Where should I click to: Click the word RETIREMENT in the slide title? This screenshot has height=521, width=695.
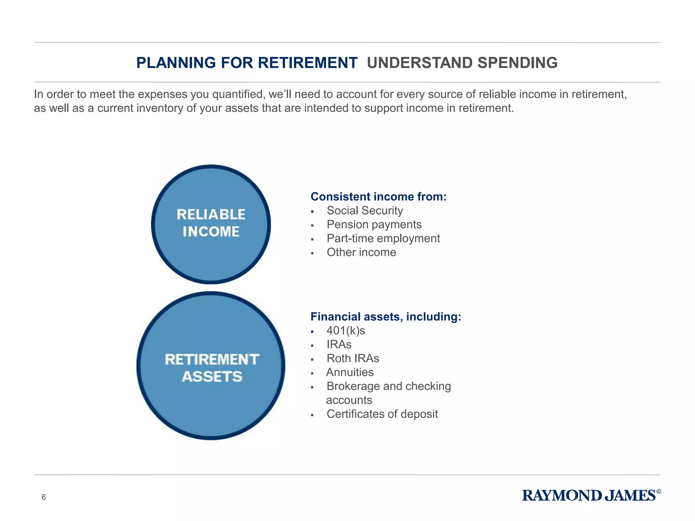pos(307,63)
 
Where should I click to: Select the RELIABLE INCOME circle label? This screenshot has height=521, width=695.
pos(211,223)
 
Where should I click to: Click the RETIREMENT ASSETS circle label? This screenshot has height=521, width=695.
pos(212,368)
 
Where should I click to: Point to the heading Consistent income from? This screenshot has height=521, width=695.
pos(378,197)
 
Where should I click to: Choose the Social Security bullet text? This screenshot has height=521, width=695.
pos(364,211)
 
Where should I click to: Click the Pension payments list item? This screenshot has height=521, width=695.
pos(374,225)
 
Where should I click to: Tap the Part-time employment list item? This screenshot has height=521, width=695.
pos(383,238)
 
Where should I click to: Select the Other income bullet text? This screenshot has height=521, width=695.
pos(361,252)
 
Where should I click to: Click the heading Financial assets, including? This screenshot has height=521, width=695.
pos(386,317)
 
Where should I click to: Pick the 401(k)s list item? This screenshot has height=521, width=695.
pos(345,331)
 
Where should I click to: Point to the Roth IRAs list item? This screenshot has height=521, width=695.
pos(353,359)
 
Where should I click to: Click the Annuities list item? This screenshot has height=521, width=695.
pos(350,372)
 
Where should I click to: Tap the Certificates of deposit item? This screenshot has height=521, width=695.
pos(382,414)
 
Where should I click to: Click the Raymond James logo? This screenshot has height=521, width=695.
pos(589,496)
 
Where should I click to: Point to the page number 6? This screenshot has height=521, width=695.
pos(43,497)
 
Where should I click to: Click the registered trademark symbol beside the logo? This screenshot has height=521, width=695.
pos(659,491)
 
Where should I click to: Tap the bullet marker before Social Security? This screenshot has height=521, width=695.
pos(312,212)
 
